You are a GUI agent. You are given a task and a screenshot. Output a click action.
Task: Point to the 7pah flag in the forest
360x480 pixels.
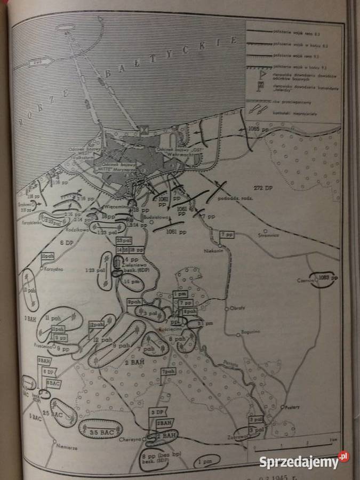tap(168, 371)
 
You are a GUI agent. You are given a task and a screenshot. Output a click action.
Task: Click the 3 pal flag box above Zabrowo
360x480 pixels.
tap(255, 419)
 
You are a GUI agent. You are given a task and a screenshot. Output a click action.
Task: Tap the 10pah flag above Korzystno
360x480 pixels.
tap(47, 257)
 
